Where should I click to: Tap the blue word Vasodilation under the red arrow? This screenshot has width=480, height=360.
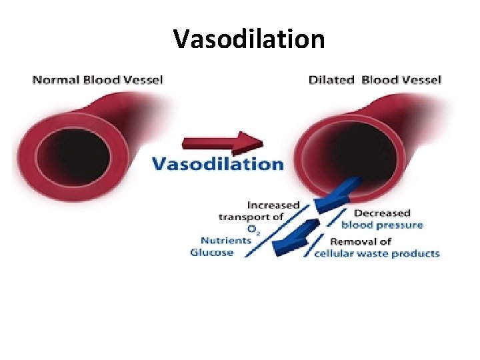(x=218, y=164)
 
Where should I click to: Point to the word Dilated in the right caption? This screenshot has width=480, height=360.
(x=332, y=80)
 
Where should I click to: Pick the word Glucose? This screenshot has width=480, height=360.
(x=211, y=252)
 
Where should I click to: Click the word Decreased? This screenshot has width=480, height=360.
(x=382, y=213)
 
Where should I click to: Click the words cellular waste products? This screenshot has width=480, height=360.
(x=377, y=253)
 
